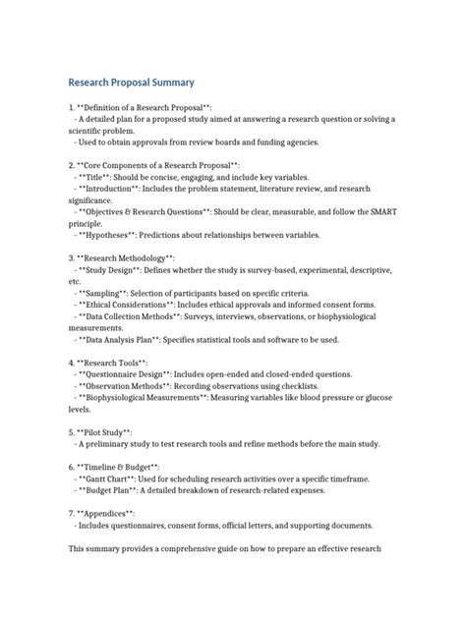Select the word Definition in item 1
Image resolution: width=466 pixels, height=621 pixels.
pyautogui.click(x=108, y=107)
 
